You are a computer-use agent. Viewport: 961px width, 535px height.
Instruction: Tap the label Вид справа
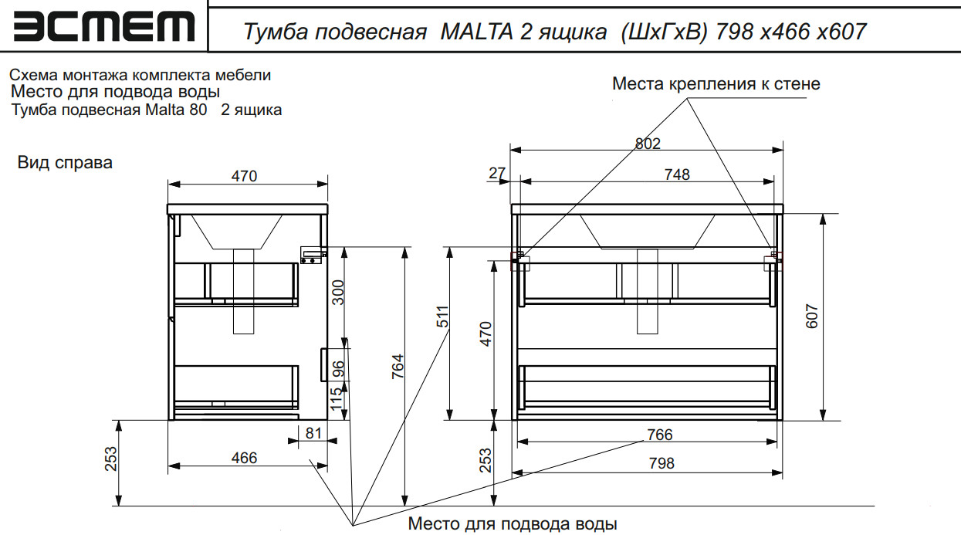(x=65, y=163)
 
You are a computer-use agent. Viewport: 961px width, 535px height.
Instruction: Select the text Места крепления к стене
(x=716, y=83)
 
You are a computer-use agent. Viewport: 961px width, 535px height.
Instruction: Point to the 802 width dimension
(x=647, y=143)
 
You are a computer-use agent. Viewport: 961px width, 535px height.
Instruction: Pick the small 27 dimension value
(x=496, y=174)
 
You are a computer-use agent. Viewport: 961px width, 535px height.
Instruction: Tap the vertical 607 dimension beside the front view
(x=812, y=316)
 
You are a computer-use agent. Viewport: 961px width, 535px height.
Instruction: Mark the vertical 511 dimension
(x=443, y=318)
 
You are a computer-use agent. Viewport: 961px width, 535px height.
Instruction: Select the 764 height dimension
(x=398, y=367)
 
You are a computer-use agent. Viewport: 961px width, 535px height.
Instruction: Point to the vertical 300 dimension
(x=338, y=292)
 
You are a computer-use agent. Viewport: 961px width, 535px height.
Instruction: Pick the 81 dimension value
(x=313, y=433)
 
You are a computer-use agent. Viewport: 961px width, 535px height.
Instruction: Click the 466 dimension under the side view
(x=244, y=458)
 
